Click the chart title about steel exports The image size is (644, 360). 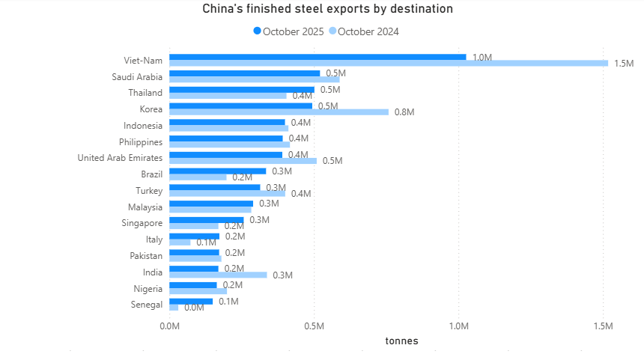(x=327, y=9)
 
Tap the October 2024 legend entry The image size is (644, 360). (x=368, y=31)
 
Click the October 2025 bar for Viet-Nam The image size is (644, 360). (x=318, y=57)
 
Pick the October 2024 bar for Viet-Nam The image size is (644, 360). (x=389, y=64)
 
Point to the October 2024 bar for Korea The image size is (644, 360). (x=279, y=112)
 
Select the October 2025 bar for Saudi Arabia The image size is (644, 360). (x=244, y=73)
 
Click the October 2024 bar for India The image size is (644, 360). (x=218, y=275)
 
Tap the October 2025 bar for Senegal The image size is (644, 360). (x=191, y=302)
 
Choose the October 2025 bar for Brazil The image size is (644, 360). (x=217, y=171)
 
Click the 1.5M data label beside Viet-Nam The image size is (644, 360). (x=624, y=64)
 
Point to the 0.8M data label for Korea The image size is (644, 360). (x=404, y=112)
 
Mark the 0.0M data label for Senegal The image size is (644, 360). (x=194, y=308)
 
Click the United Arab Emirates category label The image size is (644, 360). (x=120, y=158)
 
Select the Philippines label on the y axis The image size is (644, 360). (x=141, y=141)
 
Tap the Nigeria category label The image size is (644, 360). (x=148, y=288)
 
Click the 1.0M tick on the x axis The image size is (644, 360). (x=458, y=326)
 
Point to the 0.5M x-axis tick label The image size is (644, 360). (x=315, y=326)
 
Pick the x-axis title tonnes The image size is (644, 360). (x=401, y=341)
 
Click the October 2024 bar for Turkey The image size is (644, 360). (x=227, y=194)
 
